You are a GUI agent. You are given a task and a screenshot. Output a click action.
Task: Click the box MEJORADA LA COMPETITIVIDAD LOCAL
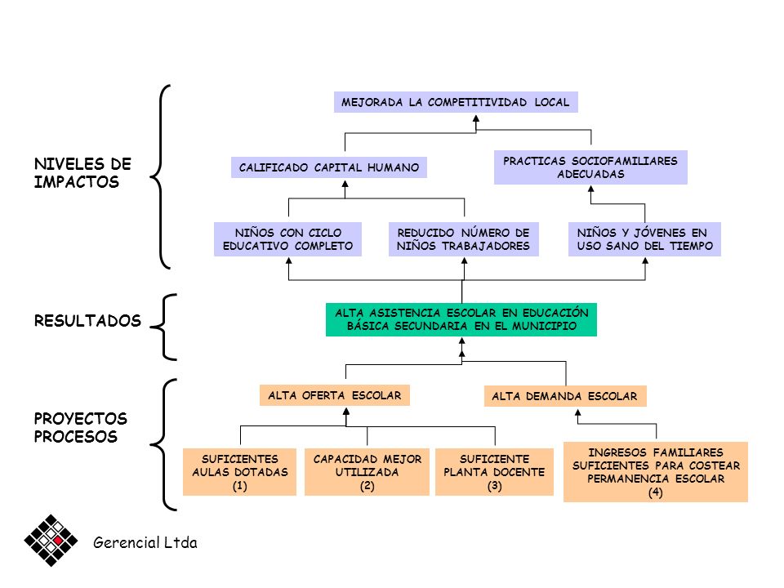click(x=456, y=102)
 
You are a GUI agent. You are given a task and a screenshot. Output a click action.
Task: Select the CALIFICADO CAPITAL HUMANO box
click(x=329, y=167)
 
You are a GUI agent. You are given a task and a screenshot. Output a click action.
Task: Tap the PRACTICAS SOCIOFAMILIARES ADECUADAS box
click(x=590, y=167)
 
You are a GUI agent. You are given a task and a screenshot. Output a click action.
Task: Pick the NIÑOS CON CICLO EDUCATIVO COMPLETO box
click(x=288, y=239)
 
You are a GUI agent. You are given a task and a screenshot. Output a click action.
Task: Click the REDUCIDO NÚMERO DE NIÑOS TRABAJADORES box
click(x=464, y=239)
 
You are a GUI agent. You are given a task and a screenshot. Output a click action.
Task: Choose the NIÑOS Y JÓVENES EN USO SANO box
click(x=644, y=239)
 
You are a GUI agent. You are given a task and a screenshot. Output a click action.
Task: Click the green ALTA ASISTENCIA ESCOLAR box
click(x=461, y=319)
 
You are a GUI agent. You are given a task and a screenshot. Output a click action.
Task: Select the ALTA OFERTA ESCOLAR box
click(x=335, y=395)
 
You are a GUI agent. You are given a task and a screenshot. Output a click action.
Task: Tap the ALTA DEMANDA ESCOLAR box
click(x=565, y=396)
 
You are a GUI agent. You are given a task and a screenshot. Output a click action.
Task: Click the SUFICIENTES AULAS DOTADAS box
click(x=239, y=472)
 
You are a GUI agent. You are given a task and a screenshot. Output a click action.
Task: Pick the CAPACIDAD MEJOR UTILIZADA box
click(x=367, y=472)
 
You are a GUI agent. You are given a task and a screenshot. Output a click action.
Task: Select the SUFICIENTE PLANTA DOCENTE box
click(x=495, y=472)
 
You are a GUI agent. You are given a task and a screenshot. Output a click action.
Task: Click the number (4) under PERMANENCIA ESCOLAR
click(x=656, y=492)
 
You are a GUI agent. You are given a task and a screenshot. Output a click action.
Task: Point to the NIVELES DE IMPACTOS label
click(x=83, y=173)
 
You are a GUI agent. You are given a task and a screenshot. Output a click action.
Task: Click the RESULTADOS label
click(x=87, y=320)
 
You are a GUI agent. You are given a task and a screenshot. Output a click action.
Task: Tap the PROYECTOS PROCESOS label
click(x=81, y=427)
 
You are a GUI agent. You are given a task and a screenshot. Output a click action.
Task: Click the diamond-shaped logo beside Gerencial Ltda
click(x=51, y=541)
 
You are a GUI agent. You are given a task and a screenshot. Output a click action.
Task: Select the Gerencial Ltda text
click(x=145, y=542)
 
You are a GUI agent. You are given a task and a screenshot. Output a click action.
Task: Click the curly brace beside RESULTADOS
click(x=163, y=327)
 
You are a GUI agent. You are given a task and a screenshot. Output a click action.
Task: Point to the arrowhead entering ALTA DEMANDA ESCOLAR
click(x=578, y=413)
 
